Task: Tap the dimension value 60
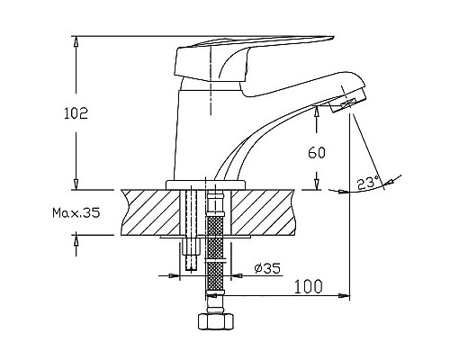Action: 316,152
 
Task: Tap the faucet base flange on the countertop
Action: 206,184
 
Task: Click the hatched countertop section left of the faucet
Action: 148,211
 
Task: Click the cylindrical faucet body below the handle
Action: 196,135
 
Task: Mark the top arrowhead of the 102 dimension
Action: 77,40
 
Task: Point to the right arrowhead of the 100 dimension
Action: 346,295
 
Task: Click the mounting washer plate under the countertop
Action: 205,238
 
